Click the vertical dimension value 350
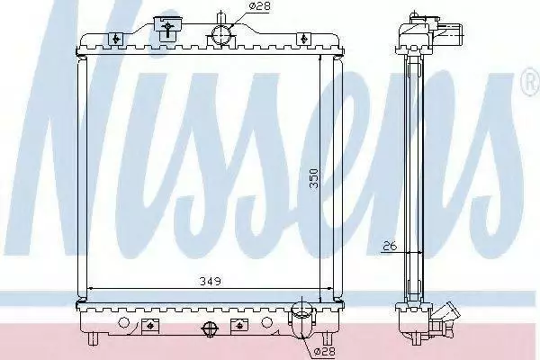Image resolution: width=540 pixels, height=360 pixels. (314, 178)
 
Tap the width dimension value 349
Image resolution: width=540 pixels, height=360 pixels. (211, 281)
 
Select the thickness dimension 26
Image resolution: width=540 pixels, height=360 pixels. (390, 246)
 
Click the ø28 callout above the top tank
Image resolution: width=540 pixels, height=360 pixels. (259, 6)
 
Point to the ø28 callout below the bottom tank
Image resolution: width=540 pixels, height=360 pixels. (324, 351)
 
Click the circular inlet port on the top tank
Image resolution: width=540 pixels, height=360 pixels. (221, 35)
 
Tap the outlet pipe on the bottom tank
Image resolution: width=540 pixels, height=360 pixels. (302, 319)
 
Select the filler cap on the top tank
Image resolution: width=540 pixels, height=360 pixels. (167, 28)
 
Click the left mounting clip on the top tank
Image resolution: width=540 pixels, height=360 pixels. (116, 39)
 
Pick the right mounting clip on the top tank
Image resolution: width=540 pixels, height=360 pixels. (303, 39)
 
